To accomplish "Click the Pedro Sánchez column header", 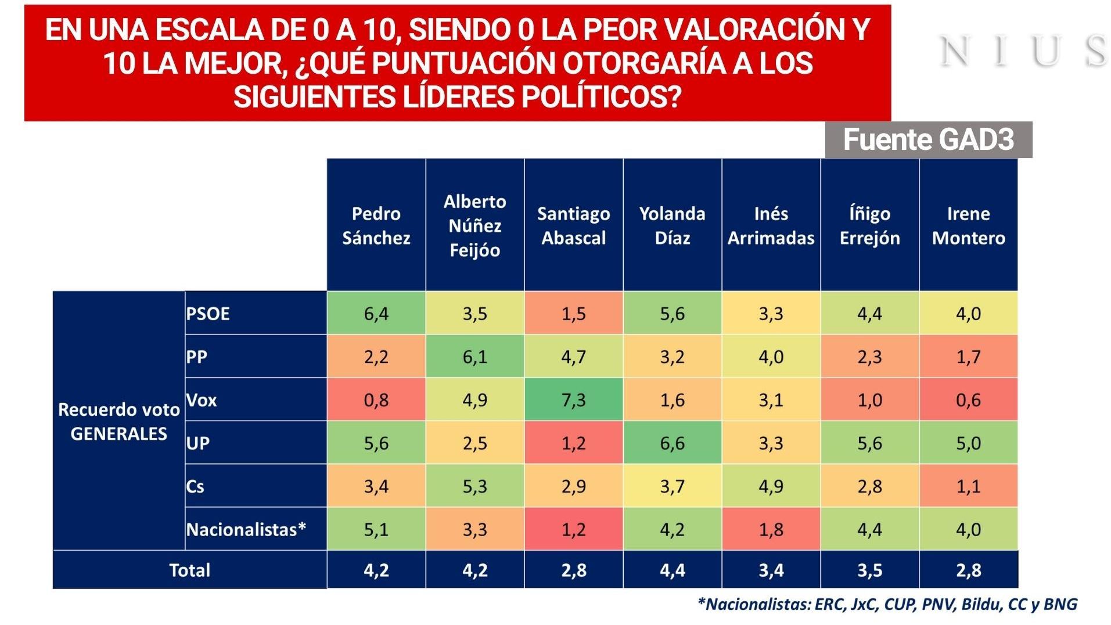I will (376, 225).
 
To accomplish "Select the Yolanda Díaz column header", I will (672, 225).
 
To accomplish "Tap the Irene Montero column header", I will (968, 225).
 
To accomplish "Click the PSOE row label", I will (208, 314).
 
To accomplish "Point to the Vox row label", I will (201, 400).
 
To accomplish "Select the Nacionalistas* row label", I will (246, 529).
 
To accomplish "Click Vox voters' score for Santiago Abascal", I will (573, 400).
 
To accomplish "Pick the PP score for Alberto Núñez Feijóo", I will (474, 357).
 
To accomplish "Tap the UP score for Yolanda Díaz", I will (672, 443).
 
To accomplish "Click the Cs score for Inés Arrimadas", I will (771, 486).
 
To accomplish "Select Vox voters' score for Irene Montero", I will (968, 400).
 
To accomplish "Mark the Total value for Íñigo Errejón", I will (869, 570).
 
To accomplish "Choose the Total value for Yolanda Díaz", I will (672, 570).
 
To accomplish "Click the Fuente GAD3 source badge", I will (928, 139).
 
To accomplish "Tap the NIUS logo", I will (1023, 51).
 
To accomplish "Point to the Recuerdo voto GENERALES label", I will (119, 421).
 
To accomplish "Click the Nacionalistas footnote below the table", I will (887, 604).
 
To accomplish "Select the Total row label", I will (189, 570).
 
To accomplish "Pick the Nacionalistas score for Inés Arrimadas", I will (771, 529).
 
